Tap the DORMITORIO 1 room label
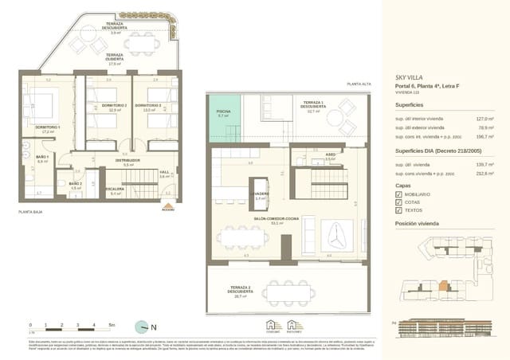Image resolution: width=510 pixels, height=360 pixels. coord(48,127)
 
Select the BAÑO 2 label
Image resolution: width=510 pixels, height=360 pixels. coord(75,183)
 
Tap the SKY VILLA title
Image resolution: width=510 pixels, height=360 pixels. coord(408,77)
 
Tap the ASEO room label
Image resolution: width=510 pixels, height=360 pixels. coord(307,155)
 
